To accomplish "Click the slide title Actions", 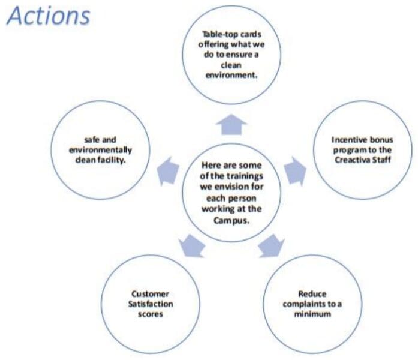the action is pyautogui.click(x=49, y=16).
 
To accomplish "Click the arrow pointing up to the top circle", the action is pyautogui.click(x=231, y=125).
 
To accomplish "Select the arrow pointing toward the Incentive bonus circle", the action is pyautogui.click(x=295, y=171).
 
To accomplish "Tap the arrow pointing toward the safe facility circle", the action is pyautogui.click(x=168, y=171).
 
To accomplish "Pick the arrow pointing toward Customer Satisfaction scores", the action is pyautogui.click(x=192, y=246).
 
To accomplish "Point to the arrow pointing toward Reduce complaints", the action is pyautogui.click(x=272, y=246).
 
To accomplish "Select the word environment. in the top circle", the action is pyautogui.click(x=231, y=75).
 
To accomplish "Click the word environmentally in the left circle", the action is pyautogui.click(x=100, y=150).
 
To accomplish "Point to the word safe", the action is pyautogui.click(x=92, y=140).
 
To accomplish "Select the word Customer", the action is pyautogui.click(x=150, y=294).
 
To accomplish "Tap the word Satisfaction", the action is pyautogui.click(x=151, y=304).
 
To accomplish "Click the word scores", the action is pyautogui.click(x=151, y=314).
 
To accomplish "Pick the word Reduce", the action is pyautogui.click(x=312, y=294).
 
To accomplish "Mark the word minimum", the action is pyautogui.click(x=312, y=314).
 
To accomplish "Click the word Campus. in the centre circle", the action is pyautogui.click(x=231, y=221).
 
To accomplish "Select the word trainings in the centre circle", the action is pyautogui.click(x=242, y=176).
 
